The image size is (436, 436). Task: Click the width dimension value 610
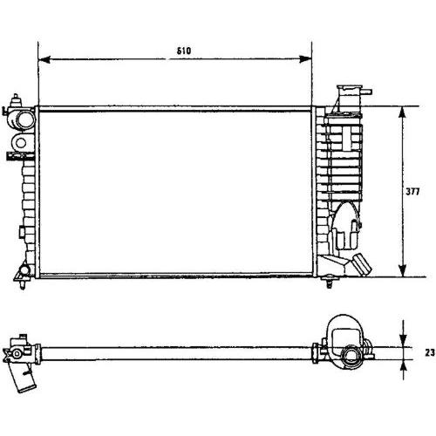[184, 51]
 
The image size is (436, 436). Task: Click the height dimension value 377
[412, 192]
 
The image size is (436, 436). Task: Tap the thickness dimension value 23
[430, 353]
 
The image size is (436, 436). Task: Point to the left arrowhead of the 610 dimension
[44, 59]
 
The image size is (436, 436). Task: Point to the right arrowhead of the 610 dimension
[305, 59]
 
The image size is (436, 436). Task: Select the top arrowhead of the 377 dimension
[402, 112]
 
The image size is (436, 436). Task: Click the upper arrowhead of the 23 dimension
[403, 340]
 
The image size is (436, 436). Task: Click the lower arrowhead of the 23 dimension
[403, 366]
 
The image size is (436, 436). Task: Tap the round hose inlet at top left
[25, 119]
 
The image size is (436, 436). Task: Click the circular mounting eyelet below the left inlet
[21, 142]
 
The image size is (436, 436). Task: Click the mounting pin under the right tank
[329, 282]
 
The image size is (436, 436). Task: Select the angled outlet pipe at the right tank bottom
[362, 264]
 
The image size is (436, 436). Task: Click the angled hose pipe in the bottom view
[23, 378]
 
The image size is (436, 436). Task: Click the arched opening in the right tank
[347, 226]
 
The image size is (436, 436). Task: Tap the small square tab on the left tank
[22, 232]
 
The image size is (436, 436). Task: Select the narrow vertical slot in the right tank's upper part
[346, 138]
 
